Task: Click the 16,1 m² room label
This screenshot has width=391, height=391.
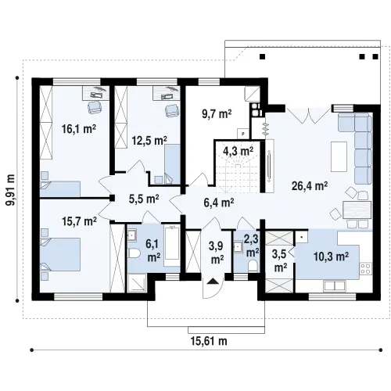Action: [79, 129]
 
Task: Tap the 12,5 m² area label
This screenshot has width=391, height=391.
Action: [149, 141]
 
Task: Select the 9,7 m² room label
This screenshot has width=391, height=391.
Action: [217, 114]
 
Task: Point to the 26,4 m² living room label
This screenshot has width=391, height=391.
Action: [310, 186]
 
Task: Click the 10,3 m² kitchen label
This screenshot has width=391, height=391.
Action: [331, 256]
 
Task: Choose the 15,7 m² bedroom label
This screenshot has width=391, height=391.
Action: [79, 221]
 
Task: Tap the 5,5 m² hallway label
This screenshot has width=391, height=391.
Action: [144, 199]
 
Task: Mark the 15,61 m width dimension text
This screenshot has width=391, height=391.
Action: [209, 341]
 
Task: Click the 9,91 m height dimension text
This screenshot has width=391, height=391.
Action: [11, 189]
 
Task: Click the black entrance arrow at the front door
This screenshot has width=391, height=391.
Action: [213, 281]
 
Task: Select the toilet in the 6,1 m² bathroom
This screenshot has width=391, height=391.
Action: [134, 253]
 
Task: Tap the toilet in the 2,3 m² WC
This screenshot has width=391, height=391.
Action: [253, 266]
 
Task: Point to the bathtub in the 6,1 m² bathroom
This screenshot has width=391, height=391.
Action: [171, 245]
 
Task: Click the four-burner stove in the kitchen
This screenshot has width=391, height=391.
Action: [366, 269]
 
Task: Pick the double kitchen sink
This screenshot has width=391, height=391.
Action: [335, 286]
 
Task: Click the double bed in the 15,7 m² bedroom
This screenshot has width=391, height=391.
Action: [60, 254]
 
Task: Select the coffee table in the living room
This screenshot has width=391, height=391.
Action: [339, 156]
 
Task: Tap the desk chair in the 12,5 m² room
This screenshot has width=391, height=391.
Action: [172, 110]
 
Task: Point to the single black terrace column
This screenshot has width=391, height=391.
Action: [263, 56]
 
